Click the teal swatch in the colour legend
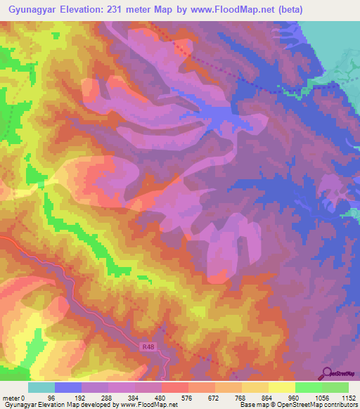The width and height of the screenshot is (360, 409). coord(41,387)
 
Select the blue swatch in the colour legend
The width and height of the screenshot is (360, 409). coord(67,387)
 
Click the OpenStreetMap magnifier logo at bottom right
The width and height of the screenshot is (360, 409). coord(327,373)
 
